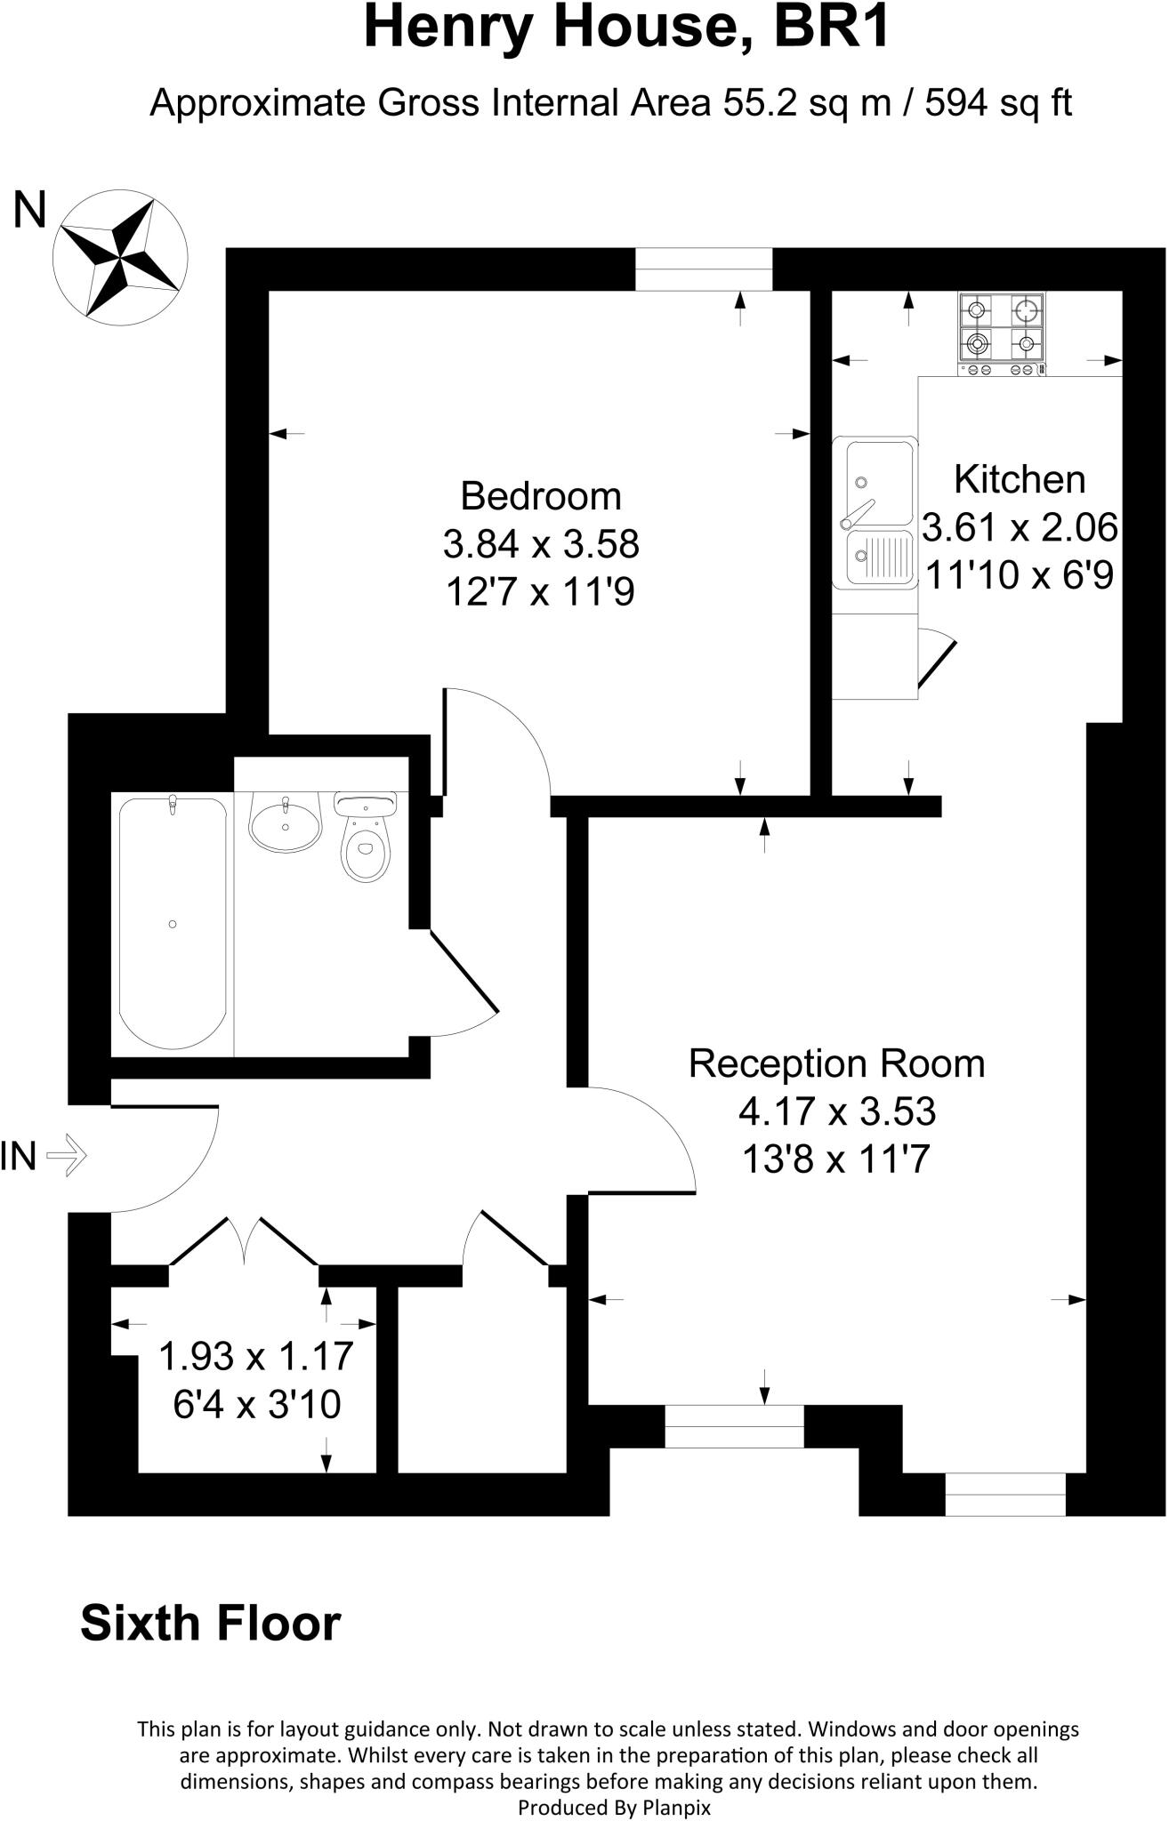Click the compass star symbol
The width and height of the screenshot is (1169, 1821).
[120, 256]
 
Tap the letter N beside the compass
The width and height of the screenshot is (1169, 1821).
[29, 212]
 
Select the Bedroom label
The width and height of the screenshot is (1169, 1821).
[541, 496]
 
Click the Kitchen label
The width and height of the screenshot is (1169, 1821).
[1020, 480]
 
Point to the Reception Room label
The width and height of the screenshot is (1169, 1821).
[836, 1064]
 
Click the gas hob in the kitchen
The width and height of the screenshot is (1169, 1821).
[1002, 333]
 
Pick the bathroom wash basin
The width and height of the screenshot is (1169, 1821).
[285, 822]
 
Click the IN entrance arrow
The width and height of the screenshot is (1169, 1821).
[67, 1157]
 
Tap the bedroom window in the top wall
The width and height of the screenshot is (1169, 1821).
[704, 269]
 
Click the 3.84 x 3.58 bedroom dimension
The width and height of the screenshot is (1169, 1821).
[541, 544]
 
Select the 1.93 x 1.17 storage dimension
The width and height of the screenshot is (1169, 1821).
[256, 1357]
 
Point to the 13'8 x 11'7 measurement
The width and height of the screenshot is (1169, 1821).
[835, 1159]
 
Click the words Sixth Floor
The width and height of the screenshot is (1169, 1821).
[211, 1624]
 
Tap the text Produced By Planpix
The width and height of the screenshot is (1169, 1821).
[614, 1808]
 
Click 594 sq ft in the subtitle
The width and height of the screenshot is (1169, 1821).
[998, 104]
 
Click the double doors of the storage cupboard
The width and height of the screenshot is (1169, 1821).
[244, 1241]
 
